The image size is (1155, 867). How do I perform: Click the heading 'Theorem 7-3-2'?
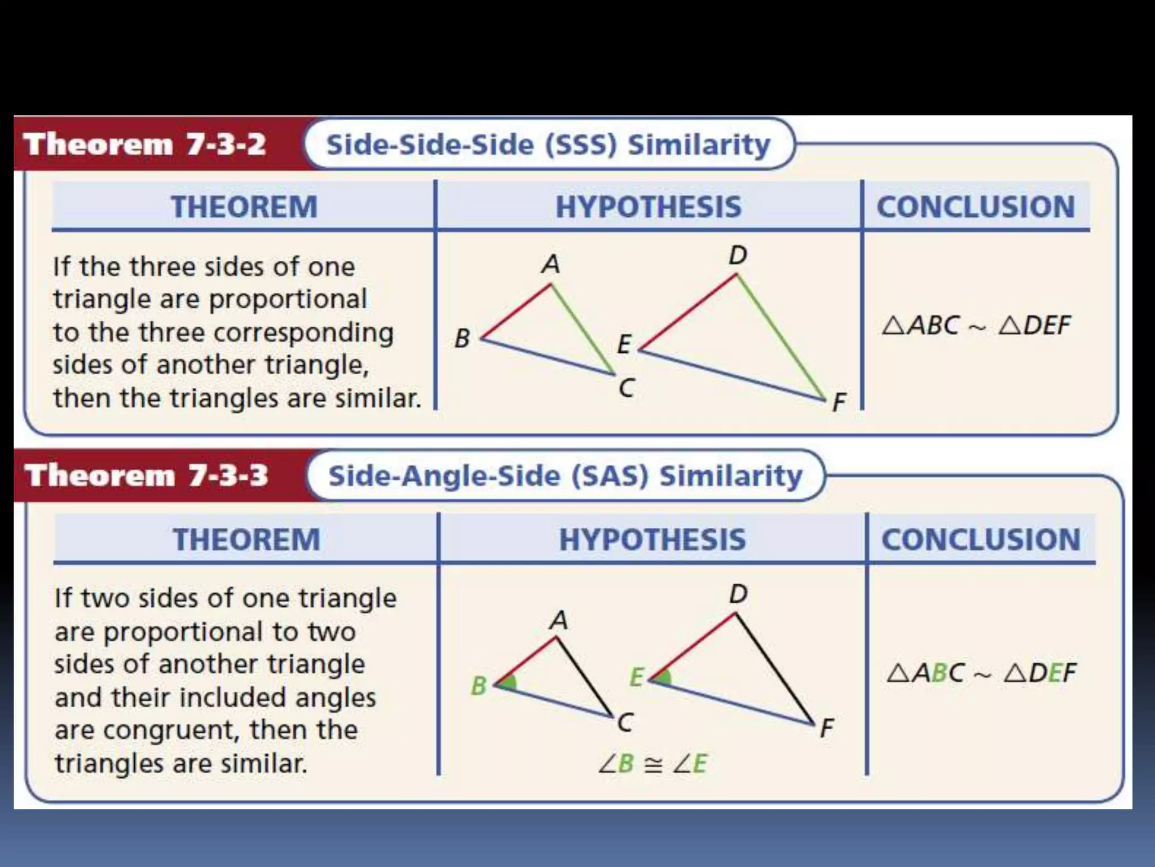[x=144, y=144]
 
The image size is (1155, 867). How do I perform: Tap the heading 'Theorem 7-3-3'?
[x=146, y=475]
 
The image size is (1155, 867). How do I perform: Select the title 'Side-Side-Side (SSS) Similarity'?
[x=548, y=144]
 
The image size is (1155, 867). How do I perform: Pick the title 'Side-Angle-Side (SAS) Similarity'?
[x=565, y=475]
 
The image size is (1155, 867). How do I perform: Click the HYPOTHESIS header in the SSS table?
[x=649, y=207]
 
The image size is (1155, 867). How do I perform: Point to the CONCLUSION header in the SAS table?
[x=981, y=539]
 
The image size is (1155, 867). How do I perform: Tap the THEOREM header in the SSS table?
[x=244, y=207]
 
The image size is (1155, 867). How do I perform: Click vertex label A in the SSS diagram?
[x=550, y=264]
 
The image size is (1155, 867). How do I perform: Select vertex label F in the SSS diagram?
[x=839, y=402]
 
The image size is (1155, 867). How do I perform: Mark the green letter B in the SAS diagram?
[x=479, y=686]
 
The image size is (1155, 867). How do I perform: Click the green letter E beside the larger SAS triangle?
[x=636, y=677]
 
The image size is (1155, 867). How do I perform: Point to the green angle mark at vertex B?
[x=508, y=683]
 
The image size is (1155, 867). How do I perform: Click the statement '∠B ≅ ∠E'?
[x=652, y=764]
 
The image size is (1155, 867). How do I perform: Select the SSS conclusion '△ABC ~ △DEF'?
[x=976, y=326]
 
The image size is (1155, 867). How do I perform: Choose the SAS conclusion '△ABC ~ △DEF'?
[x=981, y=673]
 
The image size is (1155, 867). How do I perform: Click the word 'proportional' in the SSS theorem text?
[x=288, y=299]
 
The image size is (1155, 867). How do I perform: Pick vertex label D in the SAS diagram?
[x=738, y=594]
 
